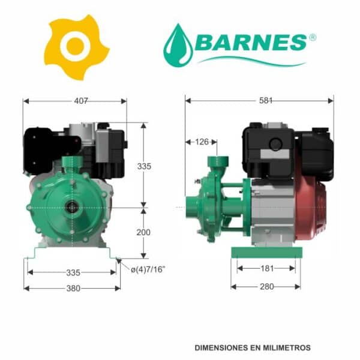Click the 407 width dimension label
(x=81, y=101)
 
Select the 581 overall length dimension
(x=266, y=101)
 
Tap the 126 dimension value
(x=202, y=142)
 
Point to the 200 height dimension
(x=143, y=232)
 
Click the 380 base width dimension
(x=73, y=289)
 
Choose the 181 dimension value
(x=267, y=268)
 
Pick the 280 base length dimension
(x=267, y=287)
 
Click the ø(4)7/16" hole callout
(x=148, y=269)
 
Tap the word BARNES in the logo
(x=251, y=42)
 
